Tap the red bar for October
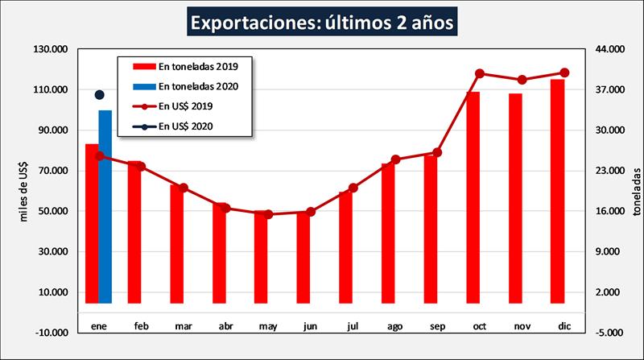click(x=473, y=197)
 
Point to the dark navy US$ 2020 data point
click(x=100, y=95)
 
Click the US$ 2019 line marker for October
click(x=480, y=74)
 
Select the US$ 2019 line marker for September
click(x=437, y=152)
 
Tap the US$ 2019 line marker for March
click(x=184, y=188)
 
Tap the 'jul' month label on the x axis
click(x=353, y=326)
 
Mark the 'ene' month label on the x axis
click(x=99, y=326)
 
